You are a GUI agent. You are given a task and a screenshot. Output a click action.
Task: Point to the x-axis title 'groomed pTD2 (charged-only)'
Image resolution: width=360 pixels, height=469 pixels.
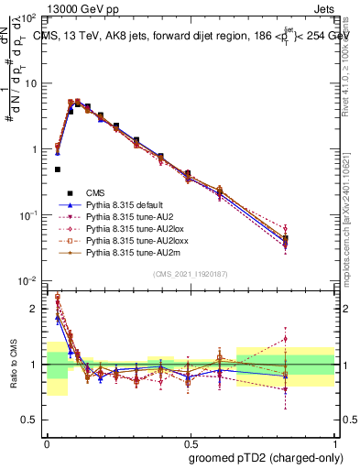[262, 457]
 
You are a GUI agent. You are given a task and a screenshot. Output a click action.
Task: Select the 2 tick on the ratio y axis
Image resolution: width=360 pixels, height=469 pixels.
[35, 309]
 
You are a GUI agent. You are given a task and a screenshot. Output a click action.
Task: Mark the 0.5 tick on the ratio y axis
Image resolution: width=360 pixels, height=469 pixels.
[30, 420]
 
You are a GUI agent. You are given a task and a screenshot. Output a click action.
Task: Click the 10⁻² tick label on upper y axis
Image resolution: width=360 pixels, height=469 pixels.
[28, 280]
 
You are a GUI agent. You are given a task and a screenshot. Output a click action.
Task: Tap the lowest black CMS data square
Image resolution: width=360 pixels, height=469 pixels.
[58, 169]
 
